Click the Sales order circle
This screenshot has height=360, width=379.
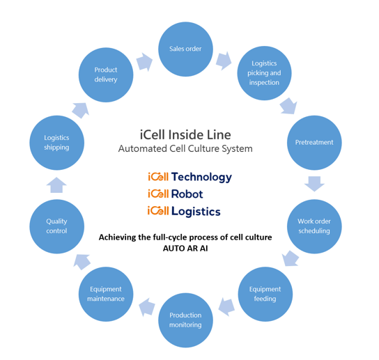pyautogui.click(x=185, y=49)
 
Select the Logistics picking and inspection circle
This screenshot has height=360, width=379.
pyautogui.click(x=264, y=73)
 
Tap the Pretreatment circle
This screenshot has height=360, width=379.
pyautogui.click(x=314, y=143)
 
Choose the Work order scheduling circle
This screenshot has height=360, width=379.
pyautogui.click(x=314, y=226)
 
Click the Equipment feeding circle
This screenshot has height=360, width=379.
pyautogui.click(x=265, y=294)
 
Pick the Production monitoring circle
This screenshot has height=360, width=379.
pyautogui.click(x=185, y=320)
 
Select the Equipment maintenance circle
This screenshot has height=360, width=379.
pyautogui.click(x=106, y=294)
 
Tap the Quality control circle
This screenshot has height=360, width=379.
pyautogui.click(x=56, y=226)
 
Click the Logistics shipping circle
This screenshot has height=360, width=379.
pyautogui.click(x=56, y=143)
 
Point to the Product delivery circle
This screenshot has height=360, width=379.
pyautogui.click(x=106, y=75)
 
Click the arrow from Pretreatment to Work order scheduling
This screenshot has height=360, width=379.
pyautogui.click(x=314, y=184)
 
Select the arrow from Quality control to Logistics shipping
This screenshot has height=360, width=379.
pyautogui.click(x=57, y=185)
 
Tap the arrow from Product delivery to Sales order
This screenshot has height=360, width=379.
pyautogui.click(x=144, y=62)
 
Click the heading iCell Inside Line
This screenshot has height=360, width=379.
pyautogui.click(x=185, y=134)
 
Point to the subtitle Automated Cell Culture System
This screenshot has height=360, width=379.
pyautogui.click(x=185, y=149)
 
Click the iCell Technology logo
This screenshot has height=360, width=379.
pyautogui.click(x=189, y=177)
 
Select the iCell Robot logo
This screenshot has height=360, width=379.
pyautogui.click(x=176, y=194)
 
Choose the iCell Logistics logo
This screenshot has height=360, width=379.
pyautogui.click(x=184, y=211)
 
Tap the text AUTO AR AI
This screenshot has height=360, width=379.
pyautogui.click(x=185, y=249)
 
